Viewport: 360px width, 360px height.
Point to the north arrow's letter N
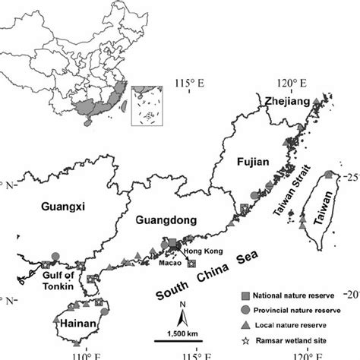click(184, 306)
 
